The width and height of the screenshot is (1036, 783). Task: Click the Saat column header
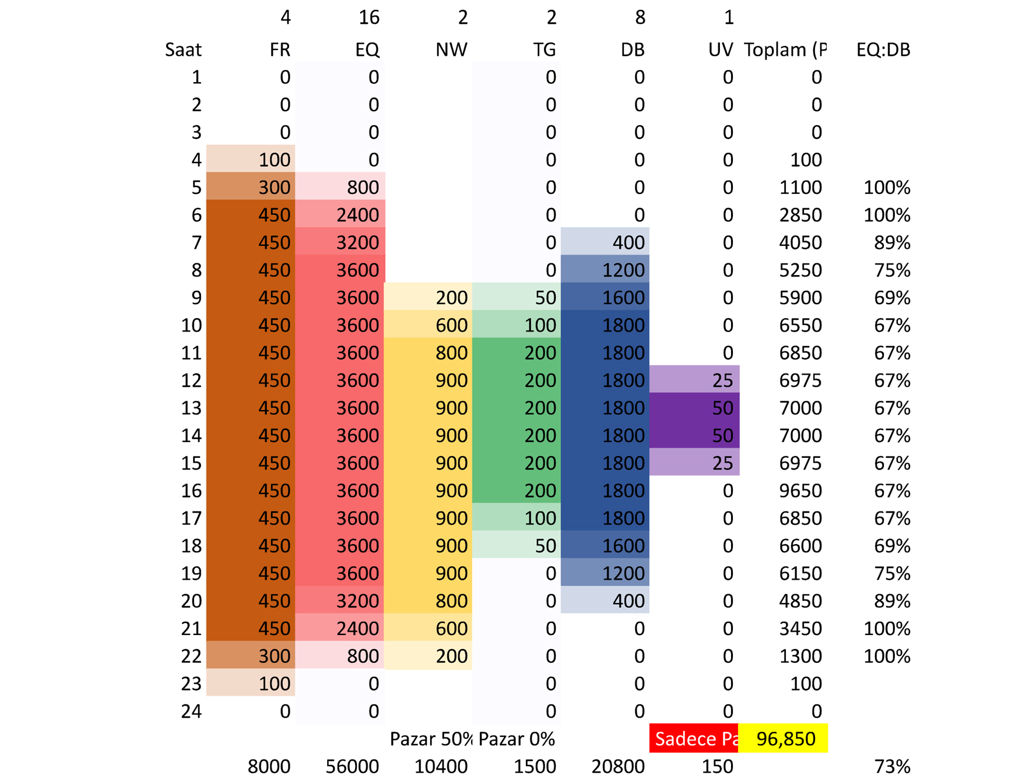183,50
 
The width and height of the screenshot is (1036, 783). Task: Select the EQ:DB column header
883,50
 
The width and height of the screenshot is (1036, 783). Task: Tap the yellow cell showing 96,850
785,739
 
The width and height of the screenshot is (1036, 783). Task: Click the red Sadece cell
694,739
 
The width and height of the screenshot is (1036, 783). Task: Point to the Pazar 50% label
430,739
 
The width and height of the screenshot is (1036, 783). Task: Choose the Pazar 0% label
517,739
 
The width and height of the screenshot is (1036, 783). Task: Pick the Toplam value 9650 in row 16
800,491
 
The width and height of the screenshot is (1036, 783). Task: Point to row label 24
191,711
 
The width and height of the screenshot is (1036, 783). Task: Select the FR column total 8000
269,767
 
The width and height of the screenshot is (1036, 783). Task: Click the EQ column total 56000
352,767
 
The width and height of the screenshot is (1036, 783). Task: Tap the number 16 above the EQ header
368,17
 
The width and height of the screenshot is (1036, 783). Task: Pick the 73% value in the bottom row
892,767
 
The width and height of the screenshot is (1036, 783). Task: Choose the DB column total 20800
618,767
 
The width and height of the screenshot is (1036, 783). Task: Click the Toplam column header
785,50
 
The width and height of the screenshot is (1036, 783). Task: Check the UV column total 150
717,767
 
